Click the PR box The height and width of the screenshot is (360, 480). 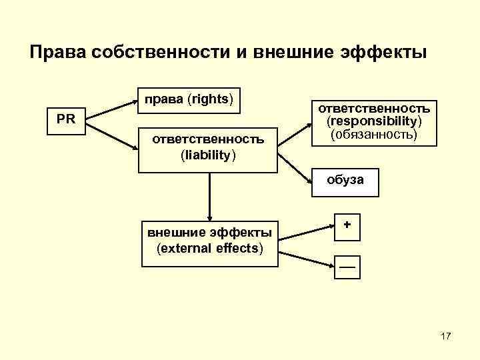66,121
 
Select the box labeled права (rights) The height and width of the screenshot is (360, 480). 189,99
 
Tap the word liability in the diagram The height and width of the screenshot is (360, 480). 208,155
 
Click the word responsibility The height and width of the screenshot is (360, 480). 373,121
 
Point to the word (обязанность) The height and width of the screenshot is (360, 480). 373,134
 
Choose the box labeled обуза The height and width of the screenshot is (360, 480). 345,182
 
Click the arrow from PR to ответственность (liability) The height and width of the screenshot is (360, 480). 112,132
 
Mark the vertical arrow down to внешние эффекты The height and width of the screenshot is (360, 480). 209,197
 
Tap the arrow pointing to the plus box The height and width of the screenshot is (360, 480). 306,231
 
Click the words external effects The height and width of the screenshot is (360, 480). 209,249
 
